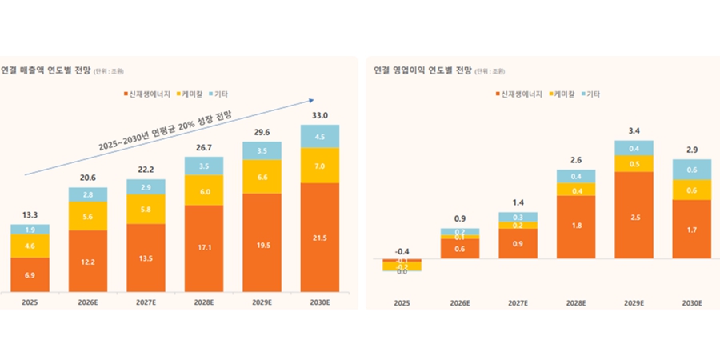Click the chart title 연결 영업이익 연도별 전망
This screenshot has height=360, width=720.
click(x=421, y=70)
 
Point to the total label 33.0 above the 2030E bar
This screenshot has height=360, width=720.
click(x=319, y=116)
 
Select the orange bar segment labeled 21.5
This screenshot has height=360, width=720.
click(x=319, y=238)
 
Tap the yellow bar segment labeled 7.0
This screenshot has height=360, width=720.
click(x=319, y=166)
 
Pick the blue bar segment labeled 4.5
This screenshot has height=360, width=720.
click(x=319, y=136)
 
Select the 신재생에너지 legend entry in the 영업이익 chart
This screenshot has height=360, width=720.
click(x=521, y=94)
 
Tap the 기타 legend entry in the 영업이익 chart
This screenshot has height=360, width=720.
click(x=590, y=94)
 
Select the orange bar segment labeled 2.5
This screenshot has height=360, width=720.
click(x=634, y=215)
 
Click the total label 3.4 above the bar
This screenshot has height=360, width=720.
click(x=634, y=130)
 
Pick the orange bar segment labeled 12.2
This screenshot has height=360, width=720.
click(x=87, y=261)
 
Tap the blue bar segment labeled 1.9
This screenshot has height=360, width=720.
click(x=30, y=230)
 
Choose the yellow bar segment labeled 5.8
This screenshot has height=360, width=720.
click(x=146, y=210)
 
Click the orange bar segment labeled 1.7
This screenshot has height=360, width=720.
click(x=691, y=229)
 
